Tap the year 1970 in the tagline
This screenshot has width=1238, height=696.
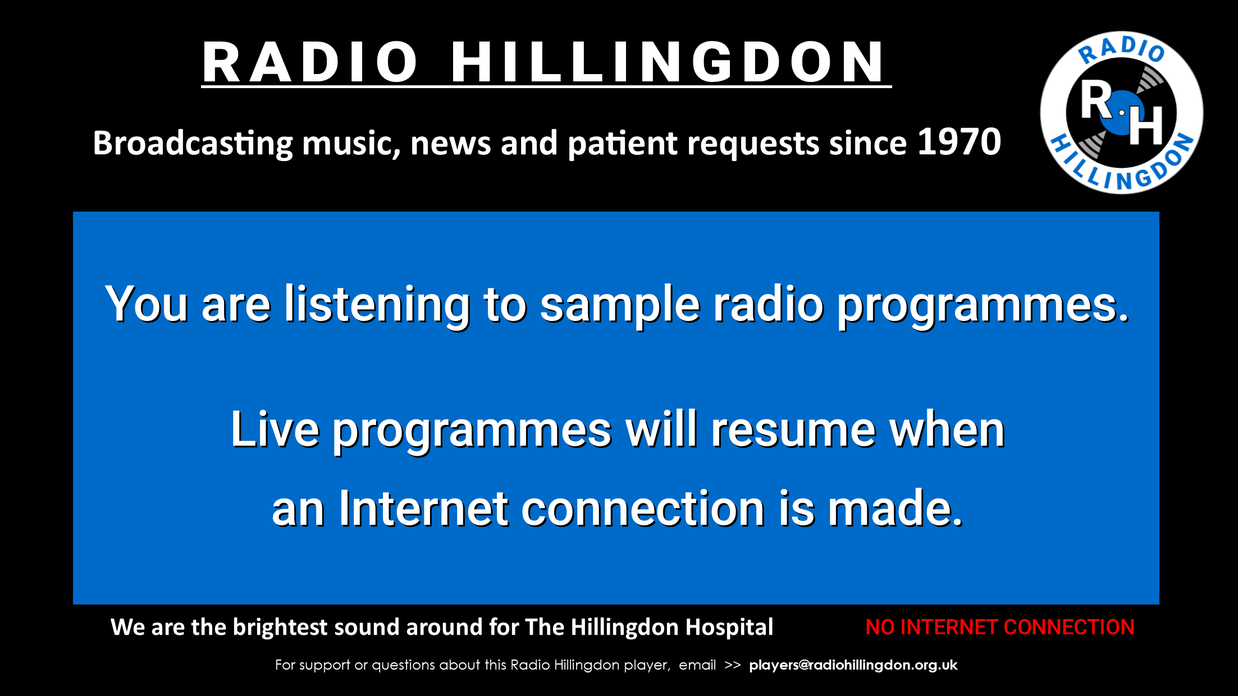959,142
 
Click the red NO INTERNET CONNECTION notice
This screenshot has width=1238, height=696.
1000,627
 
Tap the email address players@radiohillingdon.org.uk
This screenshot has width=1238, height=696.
853,665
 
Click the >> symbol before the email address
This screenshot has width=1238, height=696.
732,666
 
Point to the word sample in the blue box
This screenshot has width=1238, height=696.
620,306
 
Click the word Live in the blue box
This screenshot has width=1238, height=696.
275,429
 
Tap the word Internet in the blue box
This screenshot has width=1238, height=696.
423,509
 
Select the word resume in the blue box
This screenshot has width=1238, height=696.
793,431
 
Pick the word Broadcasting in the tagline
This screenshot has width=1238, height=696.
193,144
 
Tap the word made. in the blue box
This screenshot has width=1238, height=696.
896,509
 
